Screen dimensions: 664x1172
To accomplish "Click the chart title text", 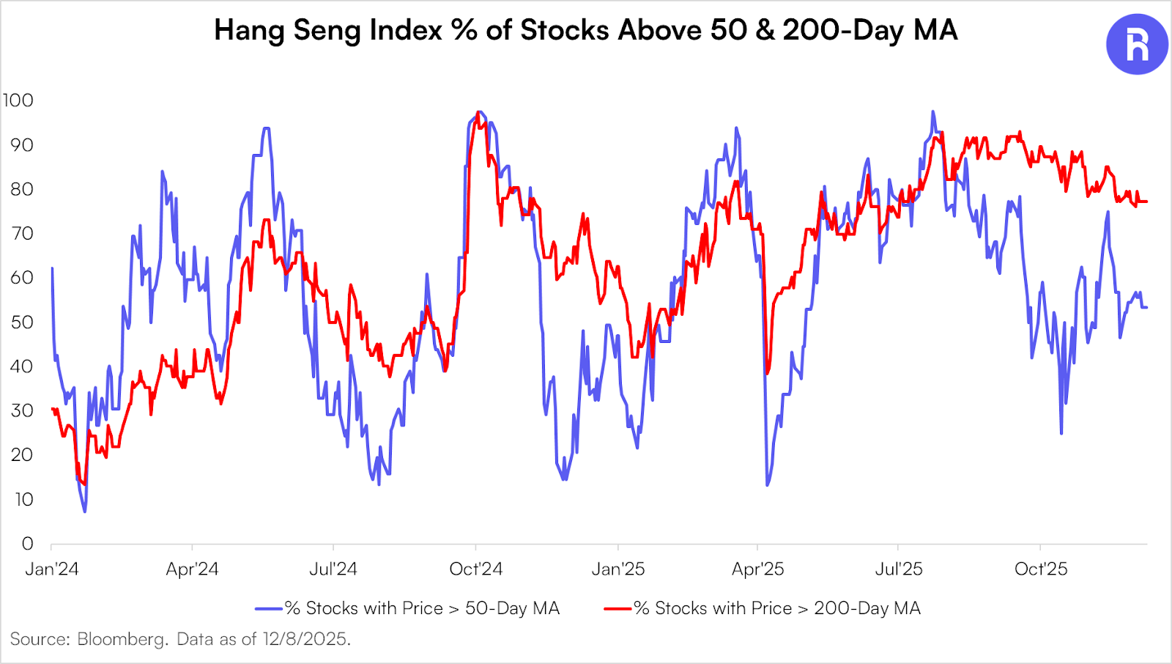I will click(585, 30).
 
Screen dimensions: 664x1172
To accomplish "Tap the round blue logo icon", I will click(1137, 44).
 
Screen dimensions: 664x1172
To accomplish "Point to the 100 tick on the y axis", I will click(18, 100).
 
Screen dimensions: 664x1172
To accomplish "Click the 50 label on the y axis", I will click(22, 322).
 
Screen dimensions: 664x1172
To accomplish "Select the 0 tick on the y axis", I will click(28, 544).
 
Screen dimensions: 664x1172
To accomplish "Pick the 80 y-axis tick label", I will click(22, 189).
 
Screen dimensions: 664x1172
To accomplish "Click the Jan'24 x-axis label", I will click(51, 569).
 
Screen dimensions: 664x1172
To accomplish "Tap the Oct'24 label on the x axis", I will click(476, 569).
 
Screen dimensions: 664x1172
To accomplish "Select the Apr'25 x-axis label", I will click(758, 569).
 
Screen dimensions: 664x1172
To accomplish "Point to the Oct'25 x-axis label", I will click(1041, 569).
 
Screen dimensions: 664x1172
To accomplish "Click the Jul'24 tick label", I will click(333, 569).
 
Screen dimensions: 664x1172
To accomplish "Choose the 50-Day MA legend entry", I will click(422, 608).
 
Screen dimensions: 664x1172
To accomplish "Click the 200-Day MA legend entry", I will click(776, 608).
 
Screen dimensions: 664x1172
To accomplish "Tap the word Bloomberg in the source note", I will click(122, 639).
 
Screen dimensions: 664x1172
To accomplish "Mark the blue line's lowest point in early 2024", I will click(85, 511).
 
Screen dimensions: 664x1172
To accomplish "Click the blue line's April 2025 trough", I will click(767, 484).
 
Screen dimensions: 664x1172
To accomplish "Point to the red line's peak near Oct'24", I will click(478, 113).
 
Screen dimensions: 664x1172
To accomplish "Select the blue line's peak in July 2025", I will click(932, 112).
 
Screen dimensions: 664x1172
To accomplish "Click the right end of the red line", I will click(1146, 202).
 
